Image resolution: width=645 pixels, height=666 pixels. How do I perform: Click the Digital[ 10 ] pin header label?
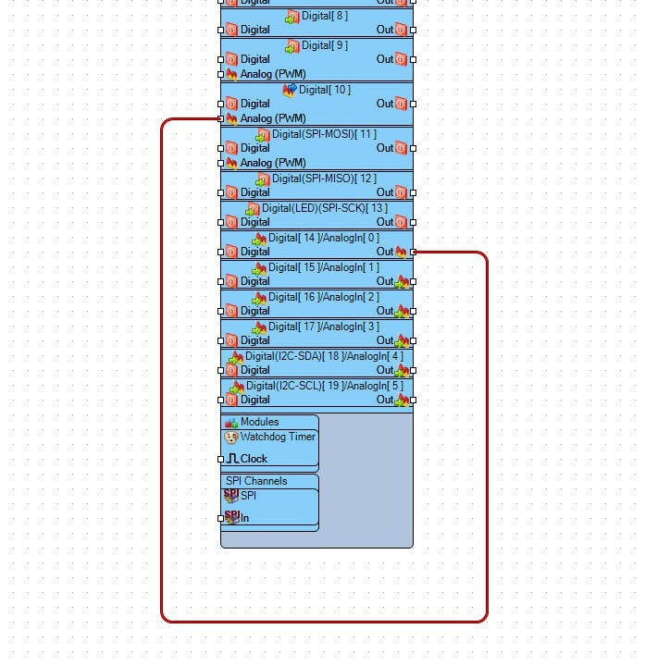(325, 90)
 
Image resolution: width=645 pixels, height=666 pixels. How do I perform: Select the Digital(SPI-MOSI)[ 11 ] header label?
(324, 134)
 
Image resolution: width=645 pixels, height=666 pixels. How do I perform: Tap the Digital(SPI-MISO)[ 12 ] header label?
(324, 179)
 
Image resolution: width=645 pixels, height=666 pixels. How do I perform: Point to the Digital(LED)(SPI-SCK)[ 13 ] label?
(324, 208)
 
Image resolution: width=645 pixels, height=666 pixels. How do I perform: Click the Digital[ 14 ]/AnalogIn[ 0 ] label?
(324, 238)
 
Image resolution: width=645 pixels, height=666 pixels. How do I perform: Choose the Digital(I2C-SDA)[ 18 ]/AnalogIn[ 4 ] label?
(324, 356)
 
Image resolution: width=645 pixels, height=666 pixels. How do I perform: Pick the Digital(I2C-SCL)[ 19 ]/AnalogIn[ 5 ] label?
(324, 386)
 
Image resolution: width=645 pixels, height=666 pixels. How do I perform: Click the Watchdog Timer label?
(278, 437)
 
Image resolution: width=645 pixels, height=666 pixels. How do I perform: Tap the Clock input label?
(254, 459)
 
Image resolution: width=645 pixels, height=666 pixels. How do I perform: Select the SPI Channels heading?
(256, 481)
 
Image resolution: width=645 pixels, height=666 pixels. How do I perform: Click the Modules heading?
(259, 422)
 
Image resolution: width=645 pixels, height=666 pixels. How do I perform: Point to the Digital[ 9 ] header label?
(325, 45)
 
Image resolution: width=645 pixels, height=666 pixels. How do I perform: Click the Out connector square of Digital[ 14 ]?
(414, 252)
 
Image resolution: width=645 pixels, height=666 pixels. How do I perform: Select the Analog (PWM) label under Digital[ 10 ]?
(272, 118)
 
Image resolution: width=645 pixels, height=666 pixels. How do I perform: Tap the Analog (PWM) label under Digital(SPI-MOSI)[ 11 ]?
(272, 163)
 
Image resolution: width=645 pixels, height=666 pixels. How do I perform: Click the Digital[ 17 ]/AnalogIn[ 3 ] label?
(324, 327)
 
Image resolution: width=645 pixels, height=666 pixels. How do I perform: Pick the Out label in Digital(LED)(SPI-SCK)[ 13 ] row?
(385, 222)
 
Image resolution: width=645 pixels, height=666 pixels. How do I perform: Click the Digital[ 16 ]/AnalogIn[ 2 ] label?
(324, 297)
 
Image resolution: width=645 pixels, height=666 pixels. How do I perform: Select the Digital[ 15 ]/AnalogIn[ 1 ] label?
(324, 267)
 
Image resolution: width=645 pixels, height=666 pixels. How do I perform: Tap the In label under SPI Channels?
(245, 518)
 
